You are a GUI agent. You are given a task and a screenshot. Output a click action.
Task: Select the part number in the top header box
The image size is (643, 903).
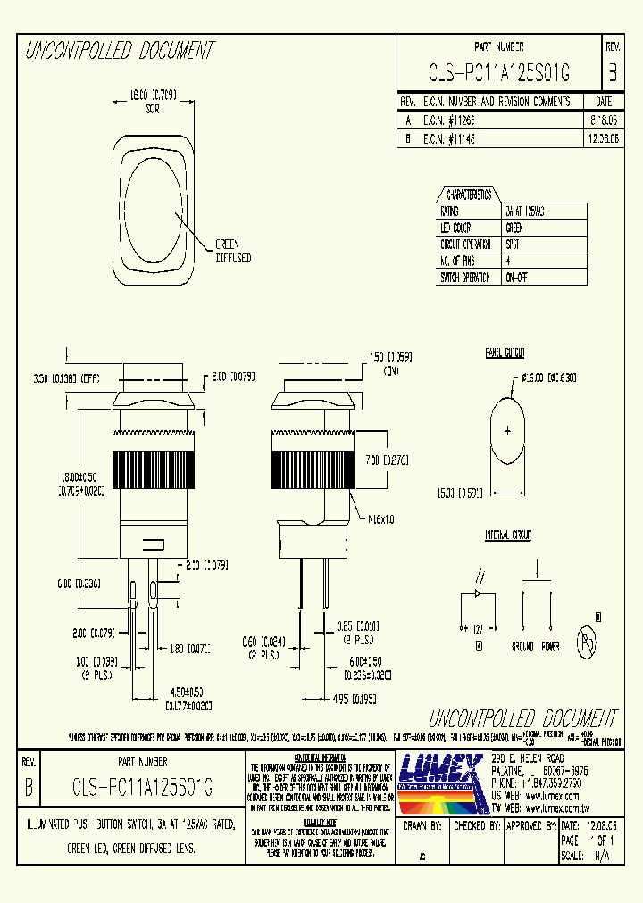pos(499,73)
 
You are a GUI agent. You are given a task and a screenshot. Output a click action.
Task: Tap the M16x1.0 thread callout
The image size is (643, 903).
pos(376,518)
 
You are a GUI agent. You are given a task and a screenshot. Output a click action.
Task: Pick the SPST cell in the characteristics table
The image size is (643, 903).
pos(515,244)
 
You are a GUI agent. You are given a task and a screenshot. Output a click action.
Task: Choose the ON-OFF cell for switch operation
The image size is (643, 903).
pos(516,278)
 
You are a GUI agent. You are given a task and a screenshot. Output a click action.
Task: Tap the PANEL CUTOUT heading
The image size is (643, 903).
pos(506,352)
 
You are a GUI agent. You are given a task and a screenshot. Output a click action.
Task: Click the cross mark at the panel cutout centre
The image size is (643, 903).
pos(508,431)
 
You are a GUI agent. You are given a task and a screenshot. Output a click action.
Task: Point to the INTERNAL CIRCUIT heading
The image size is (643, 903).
pos(508,535)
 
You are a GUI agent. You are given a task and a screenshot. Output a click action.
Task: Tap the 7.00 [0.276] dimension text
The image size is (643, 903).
pos(387,460)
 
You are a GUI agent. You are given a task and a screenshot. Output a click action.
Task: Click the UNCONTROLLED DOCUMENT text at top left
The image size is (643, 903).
pos(119,51)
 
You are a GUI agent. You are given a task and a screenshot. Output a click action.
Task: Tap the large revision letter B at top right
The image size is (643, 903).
pos(612,73)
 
